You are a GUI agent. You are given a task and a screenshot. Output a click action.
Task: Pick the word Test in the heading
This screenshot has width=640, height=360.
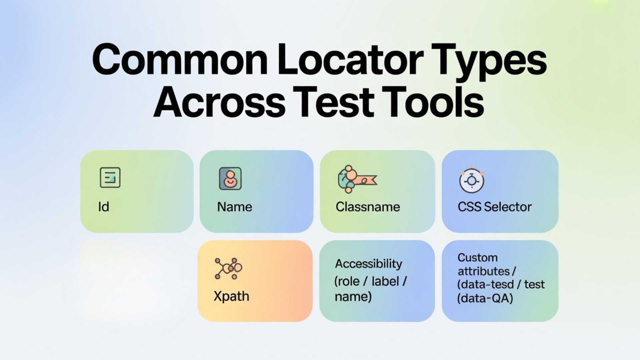click(333, 102)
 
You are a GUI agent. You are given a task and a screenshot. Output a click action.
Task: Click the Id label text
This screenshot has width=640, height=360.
click(104, 207)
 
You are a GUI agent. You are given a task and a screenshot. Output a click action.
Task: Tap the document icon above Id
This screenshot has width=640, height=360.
click(110, 177)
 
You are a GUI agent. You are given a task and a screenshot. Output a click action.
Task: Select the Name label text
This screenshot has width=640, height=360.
click(235, 207)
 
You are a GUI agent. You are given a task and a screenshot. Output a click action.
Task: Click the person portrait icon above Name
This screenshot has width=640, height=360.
click(230, 179)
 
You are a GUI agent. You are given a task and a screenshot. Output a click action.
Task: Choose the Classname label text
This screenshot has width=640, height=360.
click(368, 207)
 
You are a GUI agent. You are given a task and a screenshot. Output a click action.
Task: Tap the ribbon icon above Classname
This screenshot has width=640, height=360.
click(357, 179)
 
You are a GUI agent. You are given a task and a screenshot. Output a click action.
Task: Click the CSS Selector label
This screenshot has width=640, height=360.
click(494, 207)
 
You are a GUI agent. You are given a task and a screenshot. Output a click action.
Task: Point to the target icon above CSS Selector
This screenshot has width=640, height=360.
click(471, 180)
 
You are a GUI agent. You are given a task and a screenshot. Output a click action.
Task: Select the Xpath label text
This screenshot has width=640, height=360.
click(231, 296)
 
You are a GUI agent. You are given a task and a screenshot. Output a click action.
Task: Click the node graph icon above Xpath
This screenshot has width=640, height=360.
click(228, 268)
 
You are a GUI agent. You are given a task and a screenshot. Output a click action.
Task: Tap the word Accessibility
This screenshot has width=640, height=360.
click(369, 264)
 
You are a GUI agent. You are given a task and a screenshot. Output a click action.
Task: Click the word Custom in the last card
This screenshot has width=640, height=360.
click(477, 258)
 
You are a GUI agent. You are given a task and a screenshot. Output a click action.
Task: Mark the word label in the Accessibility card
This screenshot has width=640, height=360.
click(385, 281)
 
